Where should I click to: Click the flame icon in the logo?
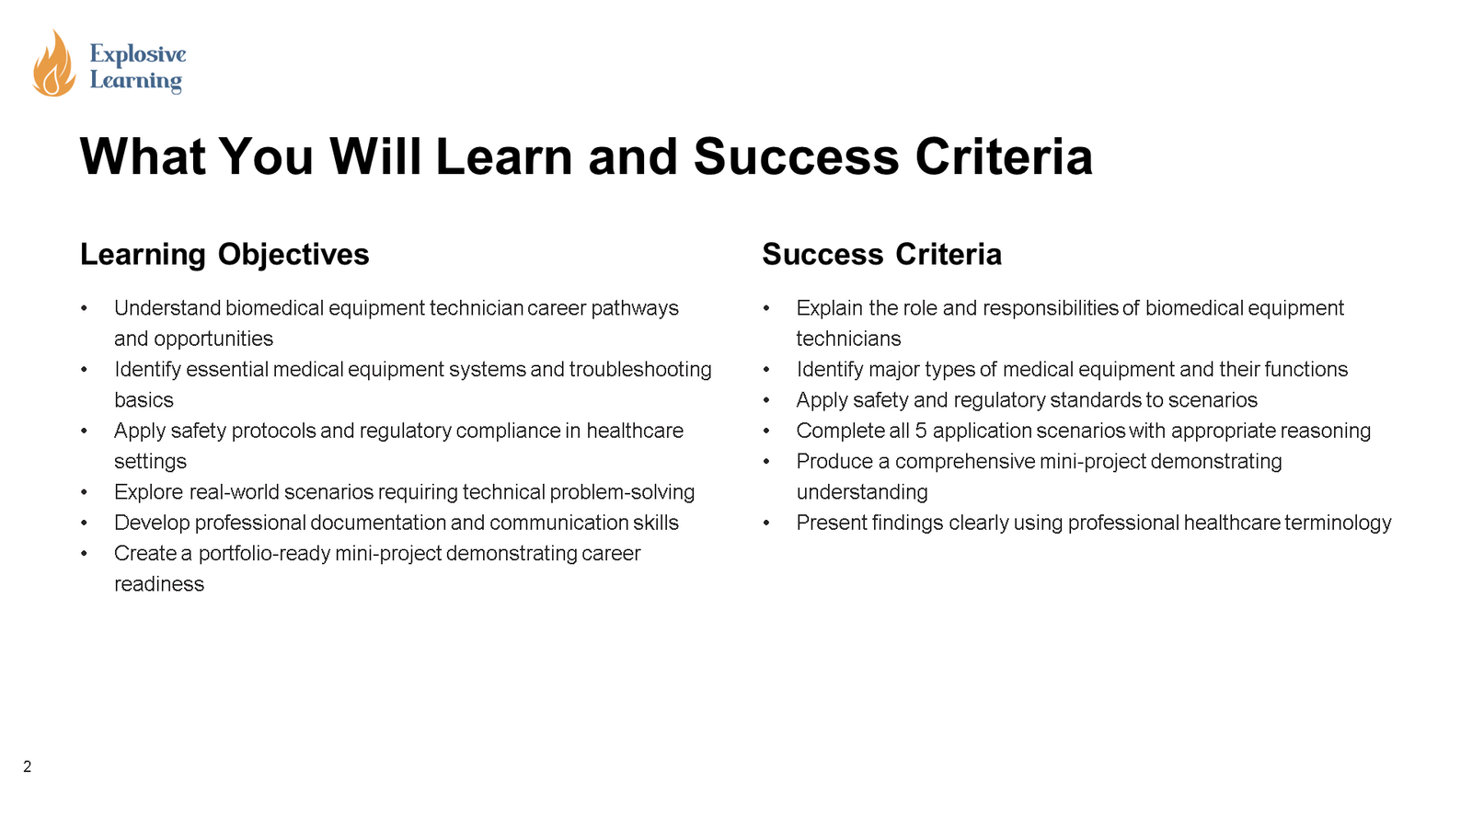pyautogui.click(x=53, y=64)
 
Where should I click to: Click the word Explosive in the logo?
pyautogui.click(x=138, y=54)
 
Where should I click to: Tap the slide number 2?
pyautogui.click(x=28, y=766)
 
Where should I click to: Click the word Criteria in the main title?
pyautogui.click(x=1003, y=156)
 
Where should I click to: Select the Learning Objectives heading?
pyautogui.click(x=224, y=254)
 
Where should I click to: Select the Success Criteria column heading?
pyautogui.click(x=881, y=254)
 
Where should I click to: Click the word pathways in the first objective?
pyautogui.click(x=635, y=308)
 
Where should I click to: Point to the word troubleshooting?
pyautogui.click(x=640, y=370)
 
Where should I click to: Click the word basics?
pyautogui.click(x=144, y=400)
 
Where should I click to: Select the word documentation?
pyautogui.click(x=377, y=523)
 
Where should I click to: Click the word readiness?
pyautogui.click(x=159, y=584)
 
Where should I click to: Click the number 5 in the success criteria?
pyautogui.click(x=920, y=431)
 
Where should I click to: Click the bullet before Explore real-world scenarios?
pyautogui.click(x=84, y=492)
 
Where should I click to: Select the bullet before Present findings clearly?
pyautogui.click(x=766, y=523)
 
